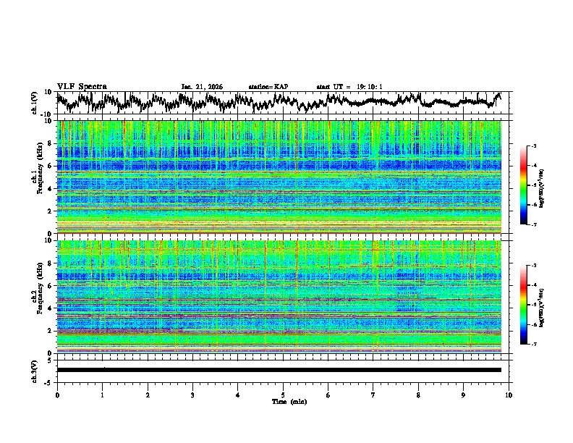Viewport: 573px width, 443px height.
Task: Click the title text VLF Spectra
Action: pyautogui.click(x=82, y=86)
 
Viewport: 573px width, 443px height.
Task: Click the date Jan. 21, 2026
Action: pyautogui.click(x=202, y=87)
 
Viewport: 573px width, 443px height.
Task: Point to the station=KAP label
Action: pyautogui.click(x=268, y=87)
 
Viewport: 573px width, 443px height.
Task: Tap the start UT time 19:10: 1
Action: pyautogui.click(x=349, y=87)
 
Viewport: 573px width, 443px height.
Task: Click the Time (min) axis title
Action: pyautogui.click(x=283, y=401)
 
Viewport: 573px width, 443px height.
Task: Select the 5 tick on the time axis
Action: pyautogui.click(x=283, y=395)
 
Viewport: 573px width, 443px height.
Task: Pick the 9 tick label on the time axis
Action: pyautogui.click(x=464, y=395)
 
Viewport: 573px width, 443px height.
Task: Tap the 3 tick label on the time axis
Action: pyautogui.click(x=192, y=395)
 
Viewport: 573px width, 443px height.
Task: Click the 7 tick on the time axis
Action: pyautogui.click(x=373, y=395)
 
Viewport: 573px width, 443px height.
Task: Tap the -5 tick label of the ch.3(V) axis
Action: pyautogui.click(x=49, y=381)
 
